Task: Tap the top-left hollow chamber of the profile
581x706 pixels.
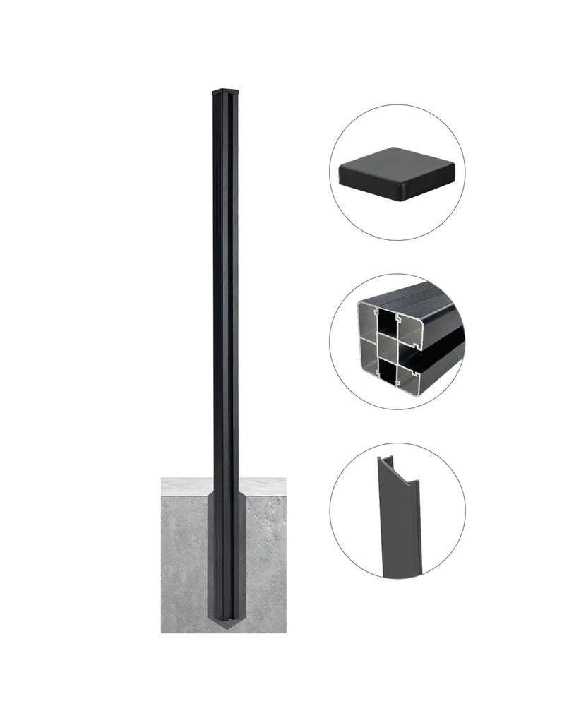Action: pyautogui.click(x=372, y=321)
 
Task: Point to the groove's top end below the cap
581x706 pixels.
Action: pyautogui.click(x=229, y=98)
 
